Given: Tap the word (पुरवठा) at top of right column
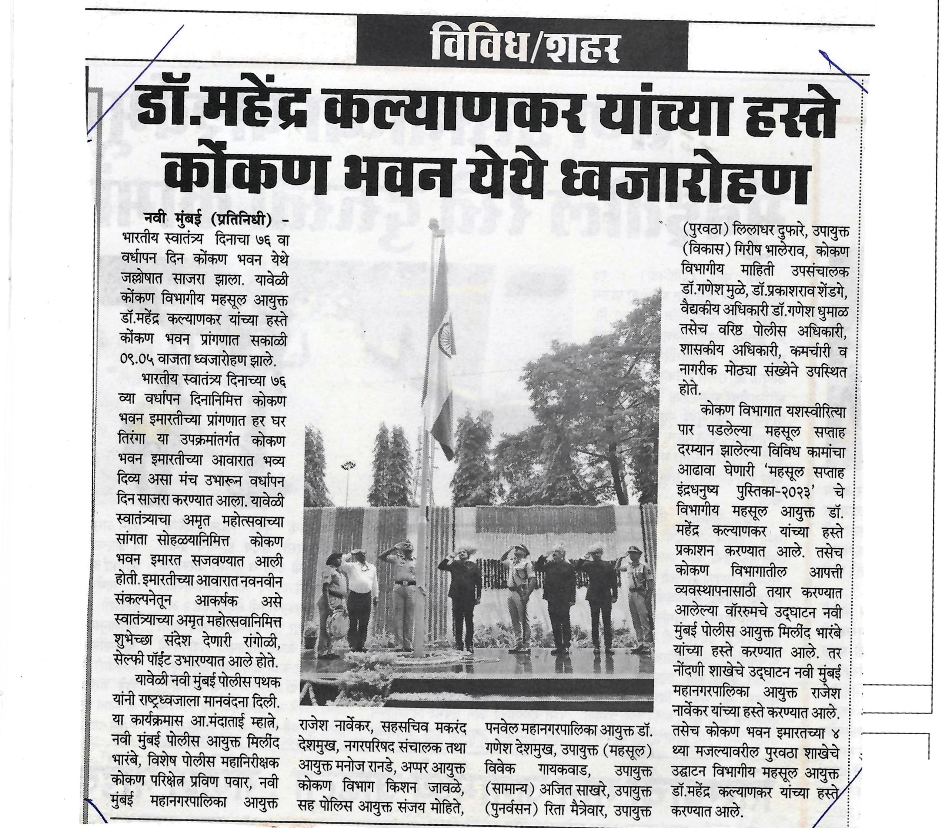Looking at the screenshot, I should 707,232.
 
